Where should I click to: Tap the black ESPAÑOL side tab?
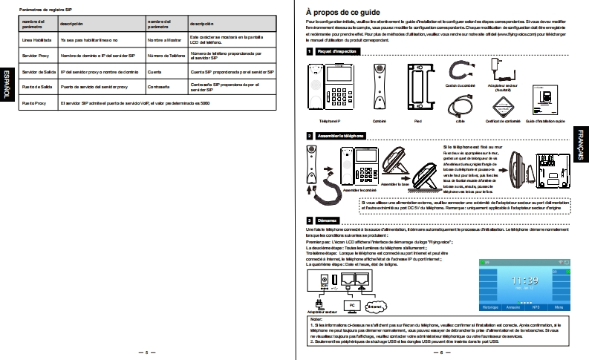pyautogui.click(x=7, y=82)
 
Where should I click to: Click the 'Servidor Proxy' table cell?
pyautogui.click(x=35, y=56)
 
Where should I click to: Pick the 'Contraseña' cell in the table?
pyautogui.click(x=160, y=87)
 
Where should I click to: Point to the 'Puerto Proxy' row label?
pyautogui.click(x=34, y=103)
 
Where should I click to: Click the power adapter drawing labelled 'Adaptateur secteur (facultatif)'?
pyautogui.click(x=499, y=71)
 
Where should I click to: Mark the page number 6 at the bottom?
pyautogui.click(x=442, y=352)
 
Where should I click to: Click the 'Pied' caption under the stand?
pyautogui.click(x=416, y=120)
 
